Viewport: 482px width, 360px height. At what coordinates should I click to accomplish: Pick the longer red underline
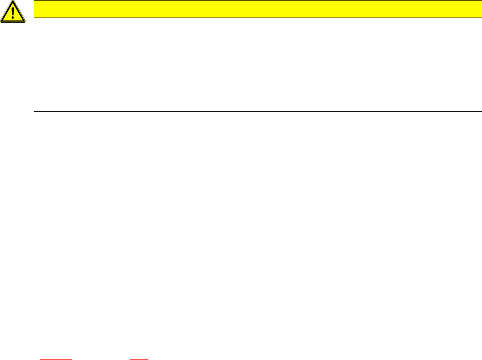tap(56, 359)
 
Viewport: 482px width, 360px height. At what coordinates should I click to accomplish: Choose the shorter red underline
tap(139, 359)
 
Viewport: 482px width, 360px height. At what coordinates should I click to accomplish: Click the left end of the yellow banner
tap(36, 9)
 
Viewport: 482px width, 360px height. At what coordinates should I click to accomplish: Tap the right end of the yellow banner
tap(472, 9)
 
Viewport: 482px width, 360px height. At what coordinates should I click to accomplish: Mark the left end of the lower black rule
tap(35, 111)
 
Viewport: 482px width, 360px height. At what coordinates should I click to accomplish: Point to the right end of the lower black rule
tap(473, 111)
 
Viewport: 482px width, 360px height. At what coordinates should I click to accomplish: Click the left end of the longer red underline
tap(40, 359)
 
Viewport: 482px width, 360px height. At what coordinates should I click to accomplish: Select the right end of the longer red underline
tap(71, 359)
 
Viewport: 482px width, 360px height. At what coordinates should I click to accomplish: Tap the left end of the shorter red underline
tap(130, 359)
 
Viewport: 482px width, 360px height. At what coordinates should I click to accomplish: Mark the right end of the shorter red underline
tap(148, 359)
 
